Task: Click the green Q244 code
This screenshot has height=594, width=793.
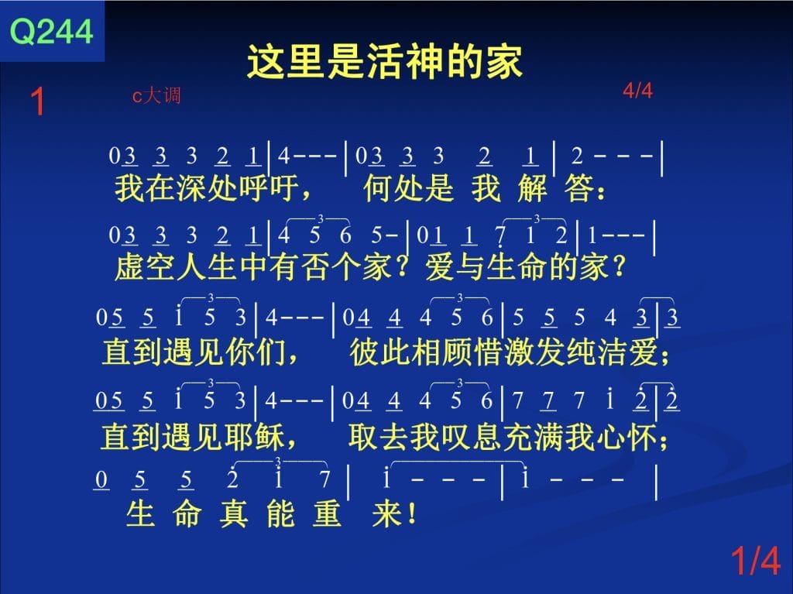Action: pyautogui.click(x=52, y=32)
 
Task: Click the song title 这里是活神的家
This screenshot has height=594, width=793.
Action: pyautogui.click(x=385, y=61)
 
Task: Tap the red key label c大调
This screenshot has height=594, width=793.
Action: pyautogui.click(x=156, y=95)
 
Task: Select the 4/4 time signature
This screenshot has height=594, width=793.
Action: pyautogui.click(x=637, y=91)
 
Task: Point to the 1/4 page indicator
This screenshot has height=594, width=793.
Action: pyautogui.click(x=756, y=560)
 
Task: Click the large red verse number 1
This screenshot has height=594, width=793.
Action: pyautogui.click(x=38, y=101)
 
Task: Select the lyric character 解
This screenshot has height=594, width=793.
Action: pyautogui.click(x=533, y=187)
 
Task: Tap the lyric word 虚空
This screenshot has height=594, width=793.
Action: pyautogui.click(x=145, y=266)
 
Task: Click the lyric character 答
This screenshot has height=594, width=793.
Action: pyautogui.click(x=579, y=187)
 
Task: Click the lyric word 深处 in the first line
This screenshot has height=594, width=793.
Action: pyautogui.click(x=207, y=187)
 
